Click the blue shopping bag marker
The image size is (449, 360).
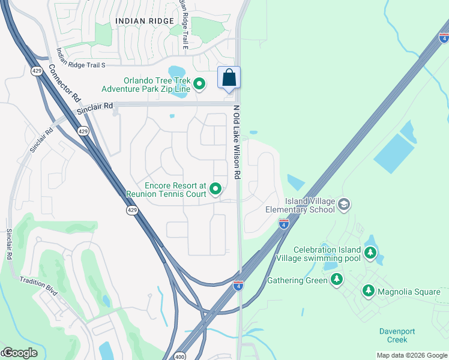click(229, 78)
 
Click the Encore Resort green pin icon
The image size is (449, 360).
click(216, 190)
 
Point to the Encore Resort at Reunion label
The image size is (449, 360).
click(166, 190)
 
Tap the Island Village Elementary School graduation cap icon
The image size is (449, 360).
click(344, 205)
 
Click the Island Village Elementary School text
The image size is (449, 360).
click(301, 205)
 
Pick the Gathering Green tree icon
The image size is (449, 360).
click(337, 280)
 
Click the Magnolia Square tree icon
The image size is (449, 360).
click(369, 292)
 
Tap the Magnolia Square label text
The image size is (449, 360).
click(408, 292)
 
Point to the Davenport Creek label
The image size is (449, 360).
click(397, 335)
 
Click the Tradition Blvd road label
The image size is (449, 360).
click(38, 286)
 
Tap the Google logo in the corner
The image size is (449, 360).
click(19, 353)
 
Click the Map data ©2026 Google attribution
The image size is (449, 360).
click(412, 355)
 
